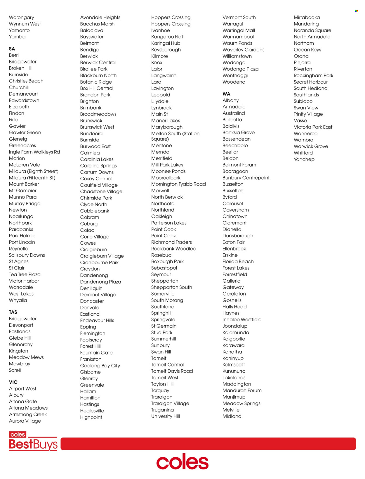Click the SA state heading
(x=12, y=49)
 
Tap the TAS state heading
(x=13, y=312)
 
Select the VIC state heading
(x=13, y=382)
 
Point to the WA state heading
(x=226, y=94)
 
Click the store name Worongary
(x=21, y=18)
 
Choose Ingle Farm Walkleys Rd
(x=34, y=152)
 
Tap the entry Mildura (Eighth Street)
(x=34, y=171)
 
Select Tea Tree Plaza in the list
(x=25, y=274)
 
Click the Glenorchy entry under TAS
(x=21, y=345)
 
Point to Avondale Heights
(x=100, y=18)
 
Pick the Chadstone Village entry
(x=101, y=191)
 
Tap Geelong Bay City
(x=100, y=366)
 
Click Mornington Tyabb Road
(x=178, y=184)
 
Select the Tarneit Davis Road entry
(x=172, y=371)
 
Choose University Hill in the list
(x=165, y=416)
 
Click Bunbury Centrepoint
(x=246, y=178)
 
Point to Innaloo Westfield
(x=242, y=319)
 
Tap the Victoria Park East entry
(x=313, y=127)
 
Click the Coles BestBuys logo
(x=33, y=441)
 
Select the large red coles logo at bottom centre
(x=182, y=462)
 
